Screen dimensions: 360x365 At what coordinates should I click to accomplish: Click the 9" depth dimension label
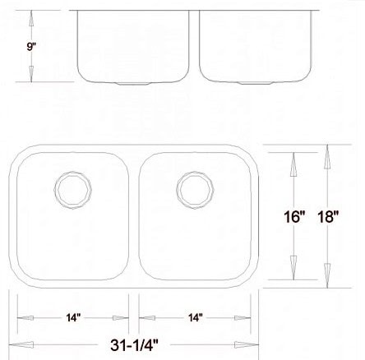click(30, 48)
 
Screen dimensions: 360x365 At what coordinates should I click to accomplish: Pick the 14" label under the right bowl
click(195, 317)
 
